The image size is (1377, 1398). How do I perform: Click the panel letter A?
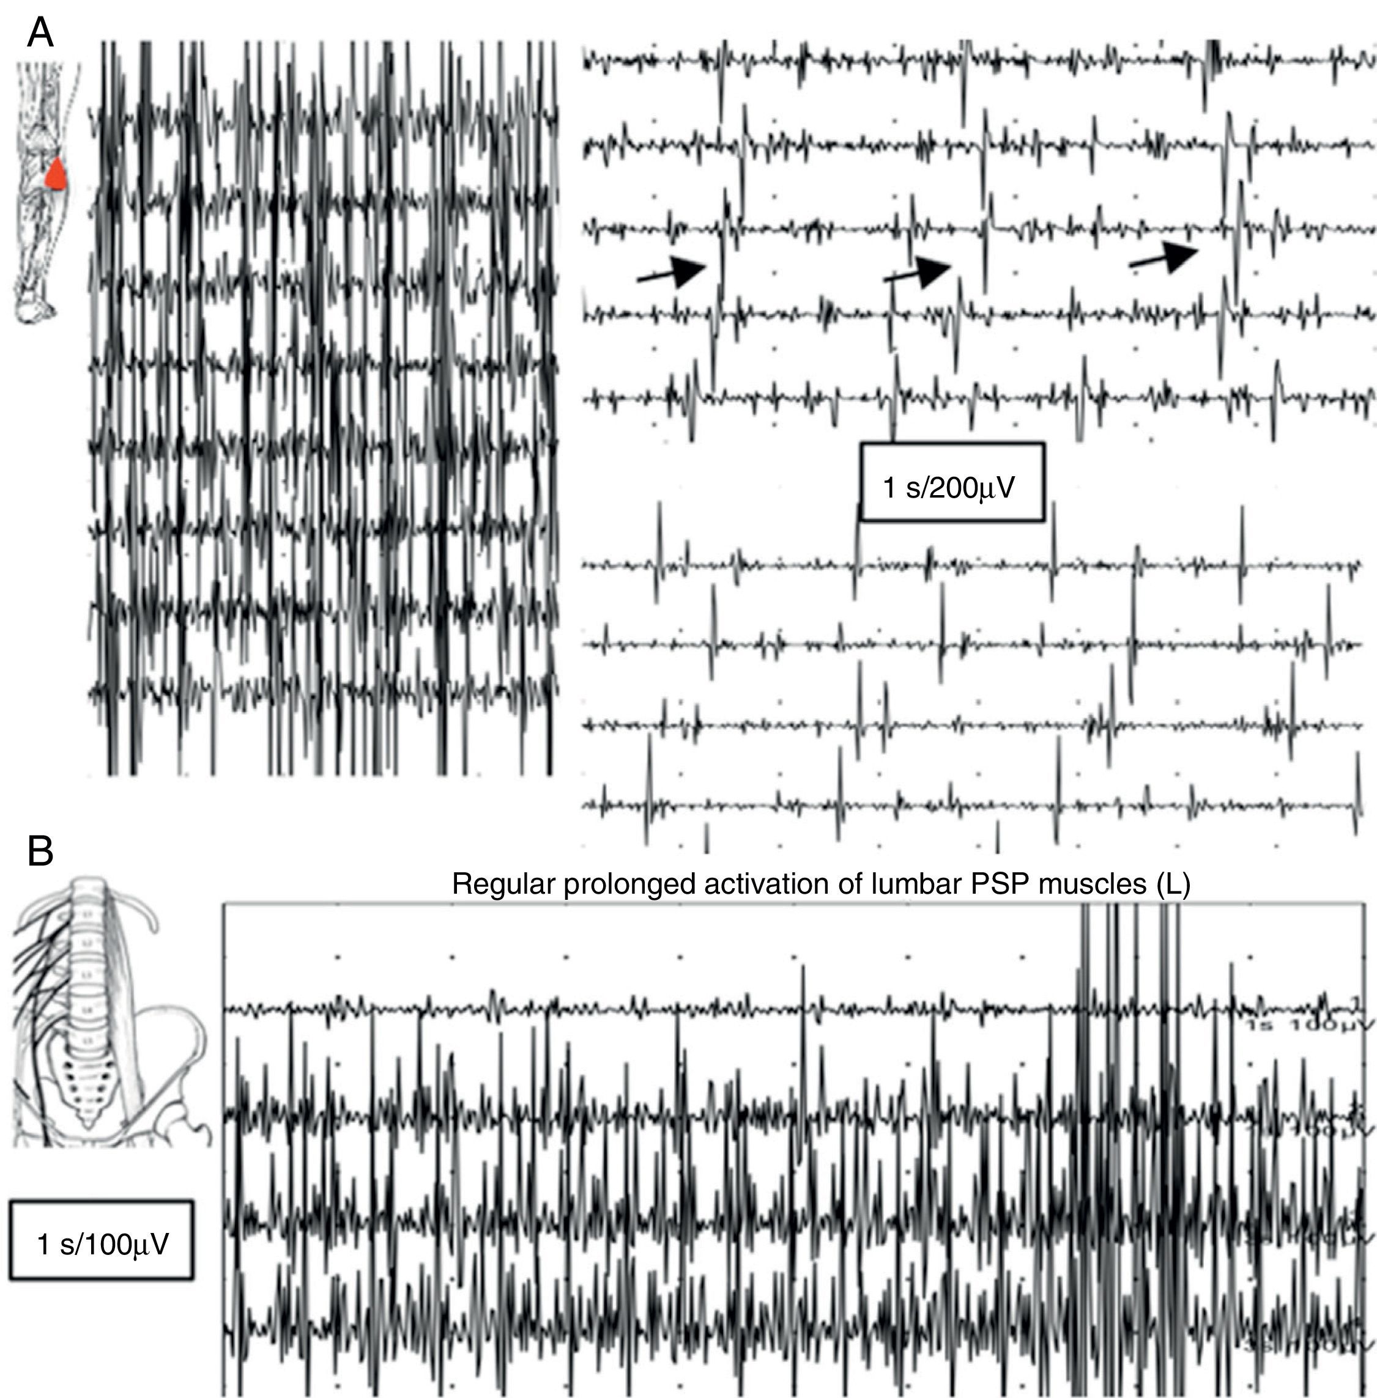click(x=40, y=33)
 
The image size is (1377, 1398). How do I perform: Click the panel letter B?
click(x=40, y=851)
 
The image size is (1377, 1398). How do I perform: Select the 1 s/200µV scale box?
click(x=952, y=482)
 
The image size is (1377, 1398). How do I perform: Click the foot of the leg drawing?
click(x=32, y=307)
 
